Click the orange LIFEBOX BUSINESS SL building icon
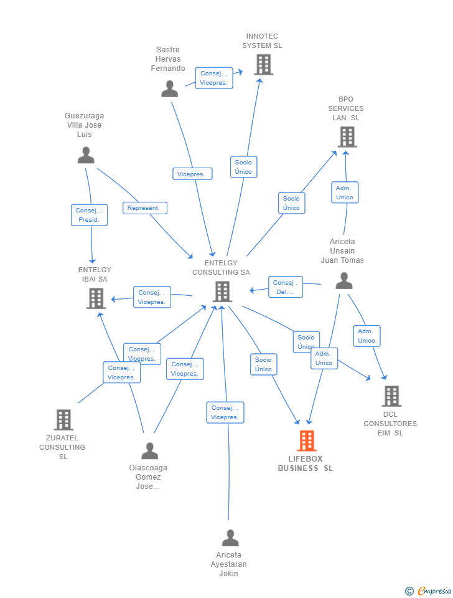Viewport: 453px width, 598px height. [307, 440]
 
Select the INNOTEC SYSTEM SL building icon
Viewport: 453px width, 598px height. [264, 64]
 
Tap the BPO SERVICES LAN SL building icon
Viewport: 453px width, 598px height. [347, 137]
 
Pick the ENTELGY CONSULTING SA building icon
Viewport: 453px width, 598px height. [222, 292]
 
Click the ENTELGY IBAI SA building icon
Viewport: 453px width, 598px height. [96, 298]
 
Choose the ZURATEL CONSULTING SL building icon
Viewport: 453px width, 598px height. [63, 420]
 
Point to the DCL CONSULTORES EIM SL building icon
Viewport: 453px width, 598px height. [391, 396]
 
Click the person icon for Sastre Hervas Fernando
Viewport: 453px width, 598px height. [169, 89]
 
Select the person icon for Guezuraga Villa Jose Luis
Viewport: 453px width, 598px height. [86, 155]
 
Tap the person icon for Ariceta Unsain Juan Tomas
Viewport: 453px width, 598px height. [344, 281]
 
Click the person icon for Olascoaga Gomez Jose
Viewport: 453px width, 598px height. [150, 451]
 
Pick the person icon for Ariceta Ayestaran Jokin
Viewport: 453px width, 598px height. [230, 538]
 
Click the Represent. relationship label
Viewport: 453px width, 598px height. [145, 208]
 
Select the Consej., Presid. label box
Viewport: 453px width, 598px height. [89, 215]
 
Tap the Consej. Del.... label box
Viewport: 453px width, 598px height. [286, 287]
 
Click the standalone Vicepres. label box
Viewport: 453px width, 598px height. [192, 174]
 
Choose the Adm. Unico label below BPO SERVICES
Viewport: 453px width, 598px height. [345, 192]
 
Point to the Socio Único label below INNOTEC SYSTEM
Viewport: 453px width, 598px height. [244, 167]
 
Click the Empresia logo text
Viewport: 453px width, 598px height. [434, 591]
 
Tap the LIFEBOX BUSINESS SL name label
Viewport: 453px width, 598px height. [305, 463]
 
